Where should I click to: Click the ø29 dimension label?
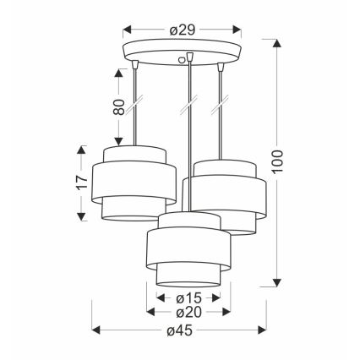point(183,30)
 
